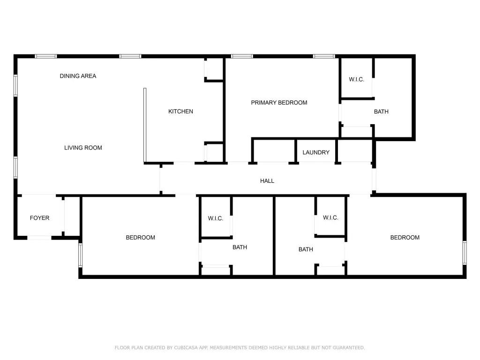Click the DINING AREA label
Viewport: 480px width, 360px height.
[x=78, y=76]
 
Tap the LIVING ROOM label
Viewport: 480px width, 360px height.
[x=83, y=148]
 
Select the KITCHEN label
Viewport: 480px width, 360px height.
[x=180, y=112]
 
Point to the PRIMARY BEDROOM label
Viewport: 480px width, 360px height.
[x=279, y=103]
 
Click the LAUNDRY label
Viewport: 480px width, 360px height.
[x=316, y=152]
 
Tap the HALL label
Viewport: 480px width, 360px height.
[x=267, y=181]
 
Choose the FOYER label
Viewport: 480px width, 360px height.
[x=39, y=218]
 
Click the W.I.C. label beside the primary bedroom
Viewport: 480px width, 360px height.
[x=356, y=80]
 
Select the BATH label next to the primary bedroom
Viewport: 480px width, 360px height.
[x=381, y=112]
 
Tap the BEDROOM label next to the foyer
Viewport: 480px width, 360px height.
[x=140, y=238]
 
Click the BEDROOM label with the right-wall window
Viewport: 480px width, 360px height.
[x=405, y=238]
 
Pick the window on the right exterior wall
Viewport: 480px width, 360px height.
[x=465, y=253]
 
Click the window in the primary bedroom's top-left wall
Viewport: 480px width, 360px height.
[x=242, y=56]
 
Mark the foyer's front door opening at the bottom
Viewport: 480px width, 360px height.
[x=39, y=238]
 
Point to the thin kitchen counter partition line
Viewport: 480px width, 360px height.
[x=145, y=125]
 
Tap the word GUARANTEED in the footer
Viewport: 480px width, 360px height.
[x=349, y=348]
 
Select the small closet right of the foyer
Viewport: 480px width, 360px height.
[x=72, y=216]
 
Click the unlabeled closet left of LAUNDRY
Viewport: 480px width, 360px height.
[x=274, y=151]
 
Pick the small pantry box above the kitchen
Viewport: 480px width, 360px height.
[x=215, y=69]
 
